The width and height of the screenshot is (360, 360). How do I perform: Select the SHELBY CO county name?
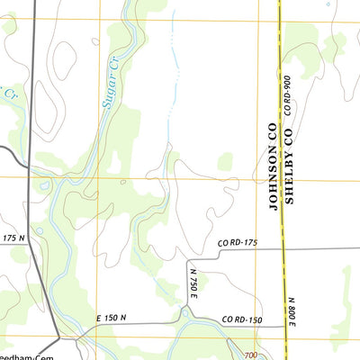coord(290,166)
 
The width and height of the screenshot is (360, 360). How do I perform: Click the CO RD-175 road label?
coord(238,244)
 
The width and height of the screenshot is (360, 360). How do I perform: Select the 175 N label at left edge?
coord(13,238)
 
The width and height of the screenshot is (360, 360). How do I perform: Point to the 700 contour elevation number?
coord(251,355)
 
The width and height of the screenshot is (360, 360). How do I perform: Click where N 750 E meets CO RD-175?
coord(187,253)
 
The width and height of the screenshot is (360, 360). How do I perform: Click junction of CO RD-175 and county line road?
coord(283,248)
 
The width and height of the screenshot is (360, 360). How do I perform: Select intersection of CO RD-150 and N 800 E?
coord(286,322)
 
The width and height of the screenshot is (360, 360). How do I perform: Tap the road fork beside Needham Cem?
coord(61,338)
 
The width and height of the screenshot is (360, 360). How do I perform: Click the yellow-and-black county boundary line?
coord(280,54)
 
